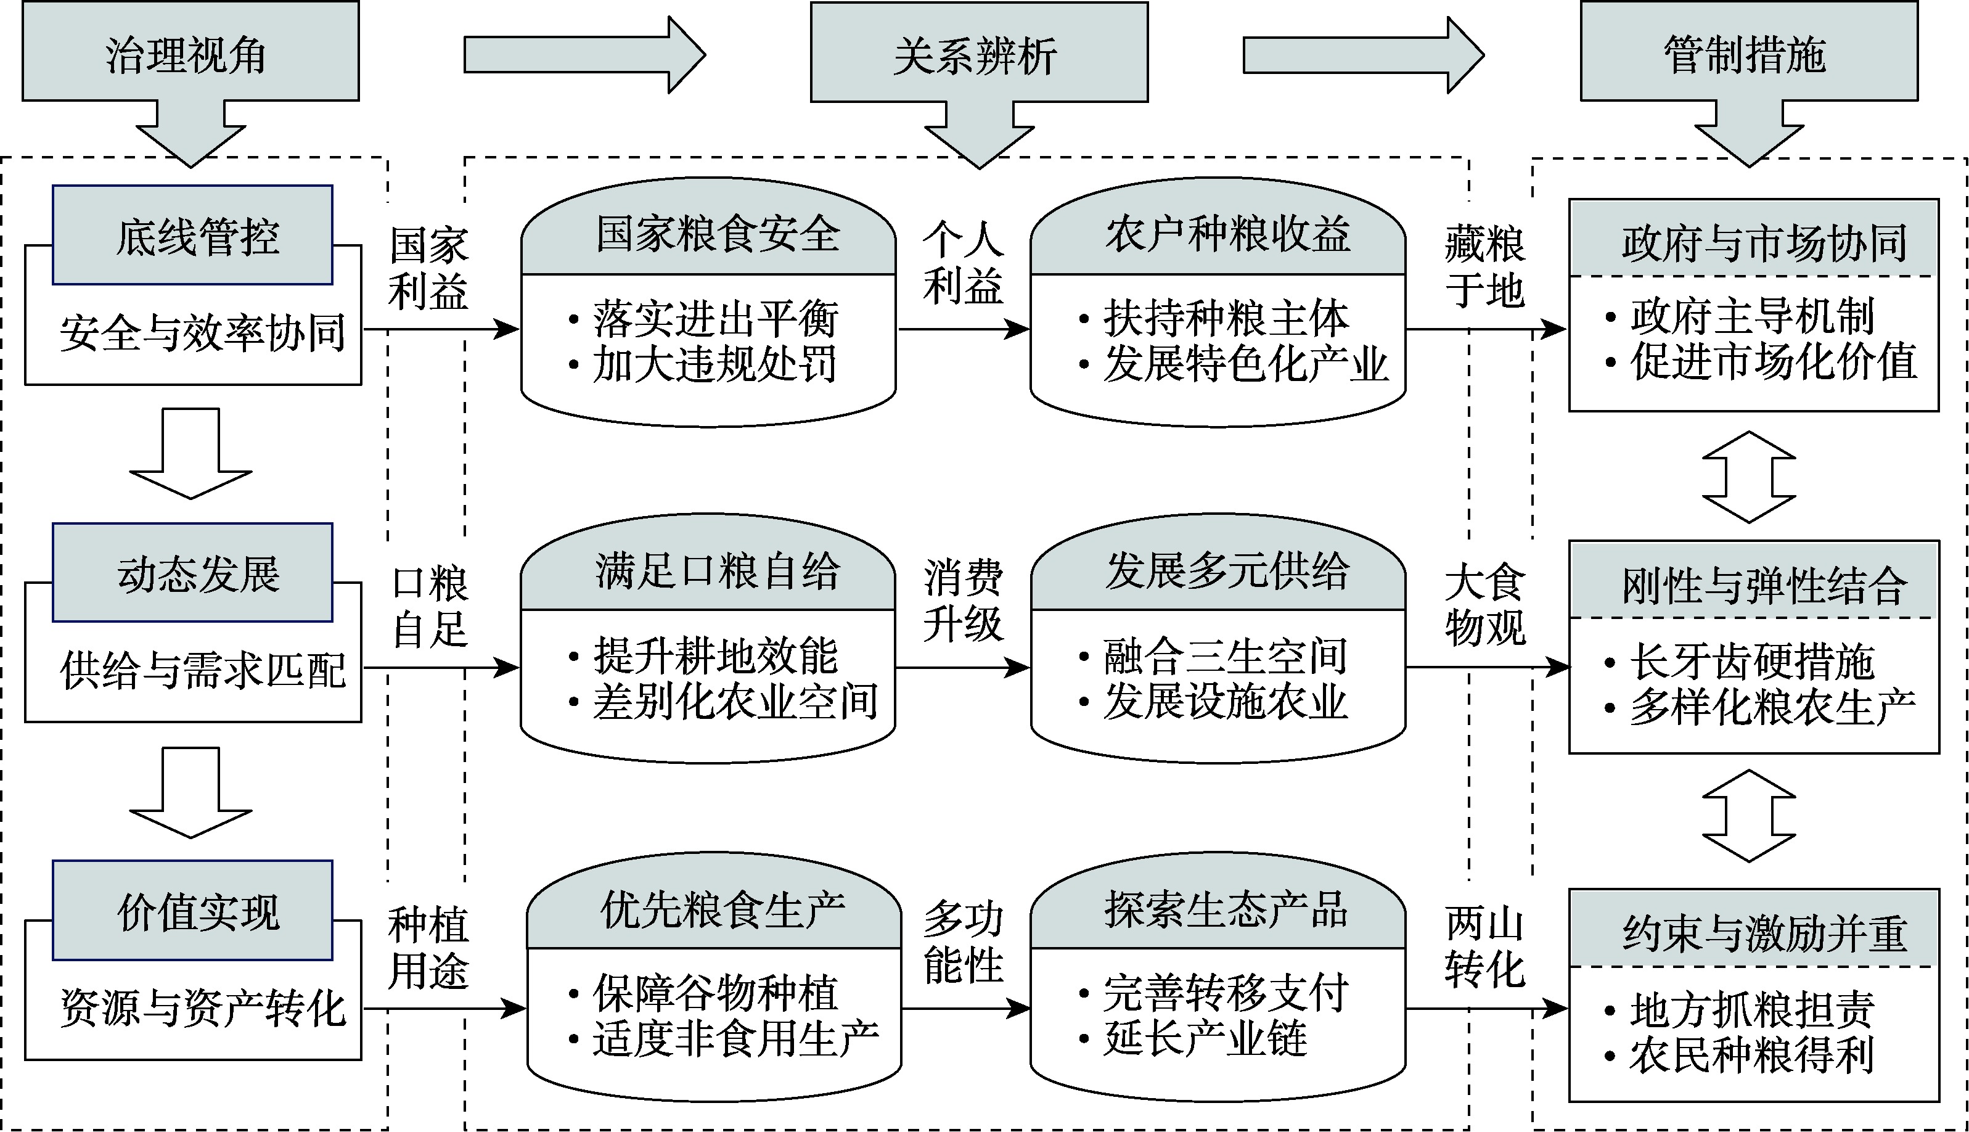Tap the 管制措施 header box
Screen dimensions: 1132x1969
tap(1748, 53)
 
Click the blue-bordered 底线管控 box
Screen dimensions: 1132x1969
tap(193, 235)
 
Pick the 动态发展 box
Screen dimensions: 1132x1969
tap(193, 573)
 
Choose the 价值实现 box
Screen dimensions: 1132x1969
tap(193, 911)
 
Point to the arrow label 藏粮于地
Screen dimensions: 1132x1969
tap(1484, 267)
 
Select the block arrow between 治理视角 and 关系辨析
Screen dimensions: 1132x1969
tap(583, 54)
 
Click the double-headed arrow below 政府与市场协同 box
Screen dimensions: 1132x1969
tap(1748, 477)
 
